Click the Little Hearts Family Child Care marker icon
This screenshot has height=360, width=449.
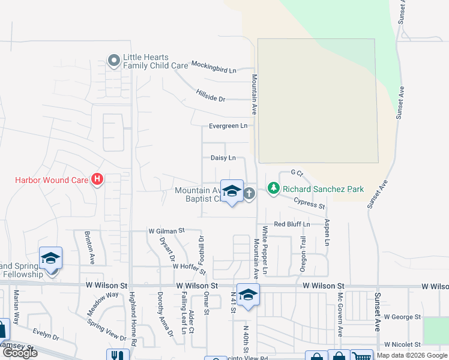click(113, 61)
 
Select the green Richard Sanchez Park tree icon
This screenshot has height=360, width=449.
click(274, 189)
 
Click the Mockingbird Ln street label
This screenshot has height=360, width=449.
click(214, 67)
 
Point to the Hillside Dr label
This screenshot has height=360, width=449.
click(210, 95)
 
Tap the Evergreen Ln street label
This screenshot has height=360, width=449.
click(228, 126)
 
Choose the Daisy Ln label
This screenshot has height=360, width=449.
click(228, 158)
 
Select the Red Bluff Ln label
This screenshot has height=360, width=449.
click(291, 224)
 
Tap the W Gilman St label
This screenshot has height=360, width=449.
click(166, 230)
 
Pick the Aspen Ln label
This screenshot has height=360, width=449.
click(328, 232)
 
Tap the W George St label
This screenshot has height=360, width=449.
click(402, 316)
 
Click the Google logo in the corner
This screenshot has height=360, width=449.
click(19, 353)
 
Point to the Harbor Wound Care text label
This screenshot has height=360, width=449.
click(52, 179)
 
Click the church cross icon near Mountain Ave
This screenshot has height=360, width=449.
click(249, 193)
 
